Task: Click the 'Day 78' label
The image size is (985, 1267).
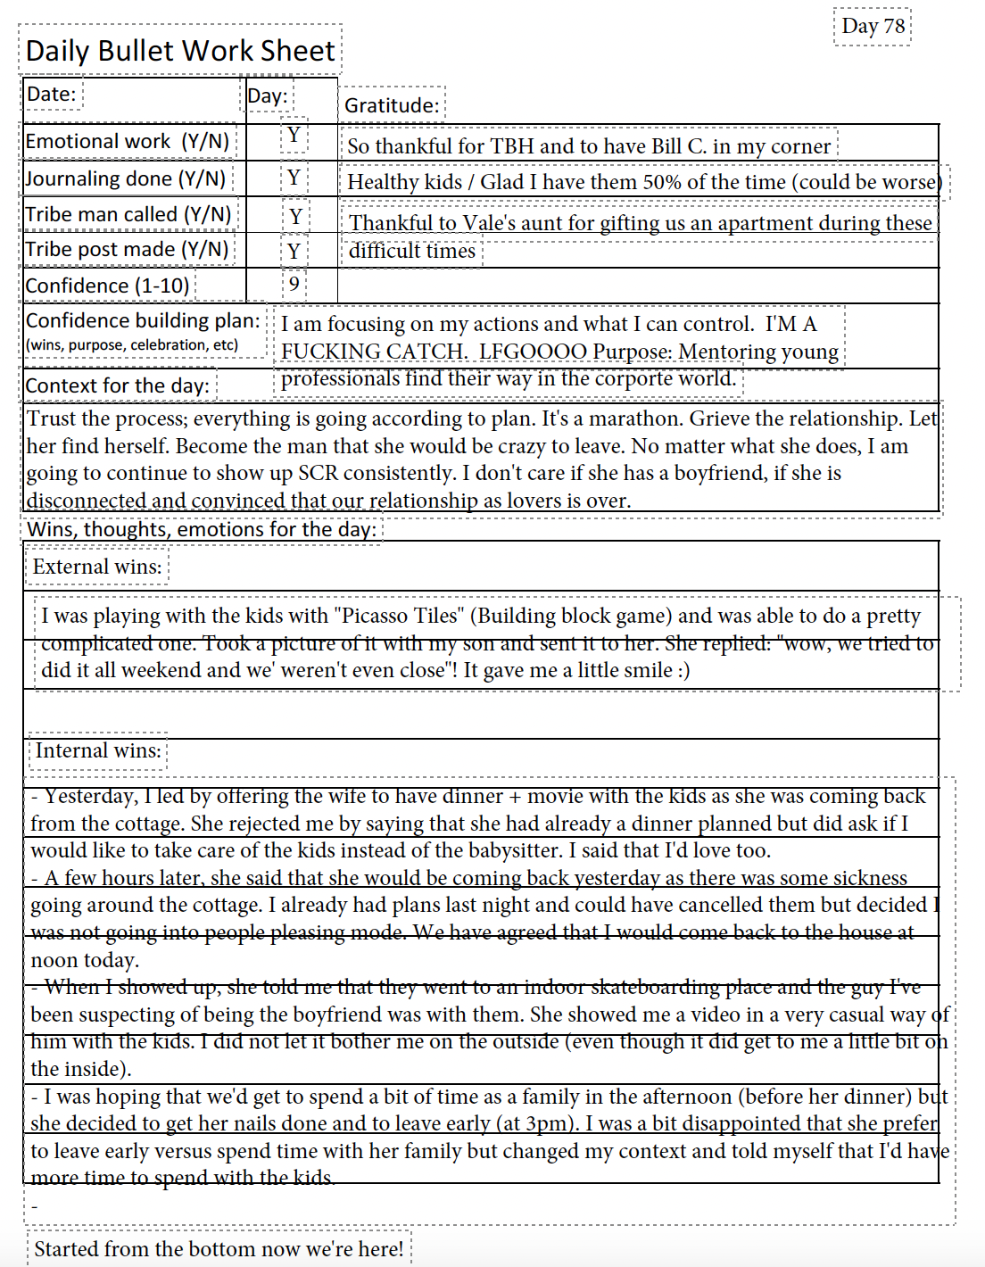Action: pos(873,26)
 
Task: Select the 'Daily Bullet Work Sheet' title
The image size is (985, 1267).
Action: pos(180,51)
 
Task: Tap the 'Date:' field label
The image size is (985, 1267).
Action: pos(51,95)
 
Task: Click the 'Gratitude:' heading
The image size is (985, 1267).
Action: pos(392,105)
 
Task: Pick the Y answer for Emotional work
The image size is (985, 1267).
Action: pos(294,136)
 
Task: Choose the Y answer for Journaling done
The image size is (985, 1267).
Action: pos(294,178)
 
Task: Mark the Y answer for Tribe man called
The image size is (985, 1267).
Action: pos(295,217)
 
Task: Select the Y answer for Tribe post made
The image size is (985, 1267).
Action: pos(294,252)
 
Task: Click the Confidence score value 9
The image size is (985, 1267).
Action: pos(294,285)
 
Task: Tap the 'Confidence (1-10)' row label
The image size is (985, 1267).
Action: pos(107,286)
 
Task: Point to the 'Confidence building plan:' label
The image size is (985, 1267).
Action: pos(143,320)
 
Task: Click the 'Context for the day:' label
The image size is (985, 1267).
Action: pos(117,385)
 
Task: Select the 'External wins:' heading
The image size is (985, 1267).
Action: pos(97,567)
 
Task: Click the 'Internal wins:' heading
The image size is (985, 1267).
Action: pos(98,751)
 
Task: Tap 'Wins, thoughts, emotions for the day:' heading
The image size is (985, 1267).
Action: pos(201,529)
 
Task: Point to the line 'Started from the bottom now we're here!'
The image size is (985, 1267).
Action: pos(219,1249)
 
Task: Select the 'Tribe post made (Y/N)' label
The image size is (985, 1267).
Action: pos(127,250)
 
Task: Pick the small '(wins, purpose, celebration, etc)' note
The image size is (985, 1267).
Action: pos(132,345)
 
